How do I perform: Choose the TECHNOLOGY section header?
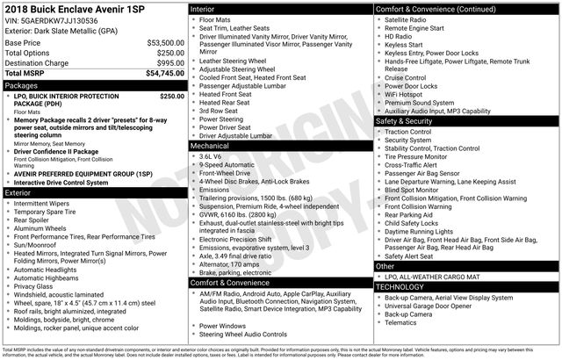[x=406, y=287]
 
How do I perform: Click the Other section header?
[x=385, y=265]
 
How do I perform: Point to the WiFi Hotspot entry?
[x=409, y=93]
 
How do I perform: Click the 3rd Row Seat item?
[x=220, y=111]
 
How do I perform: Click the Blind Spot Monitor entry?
[x=415, y=189]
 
